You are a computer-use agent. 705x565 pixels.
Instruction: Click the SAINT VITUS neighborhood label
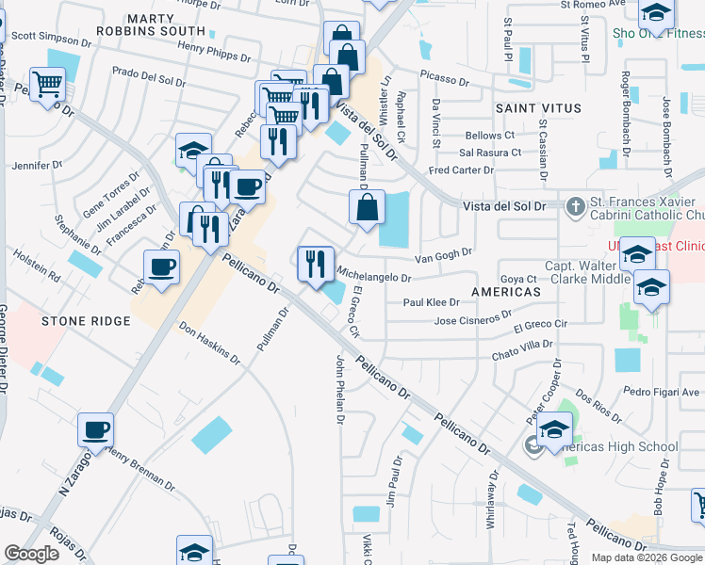pyautogui.click(x=538, y=108)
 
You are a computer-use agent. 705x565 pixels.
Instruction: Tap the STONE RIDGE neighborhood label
pyautogui.click(x=85, y=321)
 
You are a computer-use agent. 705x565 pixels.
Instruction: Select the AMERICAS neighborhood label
pyautogui.click(x=507, y=292)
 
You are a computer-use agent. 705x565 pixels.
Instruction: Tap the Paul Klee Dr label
pyautogui.click(x=431, y=302)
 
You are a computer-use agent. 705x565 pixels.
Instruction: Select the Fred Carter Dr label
pyautogui.click(x=461, y=170)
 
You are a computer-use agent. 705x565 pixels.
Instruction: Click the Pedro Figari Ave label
pyautogui.click(x=661, y=392)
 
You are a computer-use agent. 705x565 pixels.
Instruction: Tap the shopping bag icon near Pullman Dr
pyautogui.click(x=365, y=207)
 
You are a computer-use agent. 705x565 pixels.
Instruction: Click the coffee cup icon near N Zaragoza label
pyautogui.click(x=96, y=430)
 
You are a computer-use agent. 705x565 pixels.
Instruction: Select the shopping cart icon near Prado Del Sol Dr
pyautogui.click(x=46, y=83)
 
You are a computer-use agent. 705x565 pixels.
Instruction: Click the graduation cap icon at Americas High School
pyautogui.click(x=555, y=430)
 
